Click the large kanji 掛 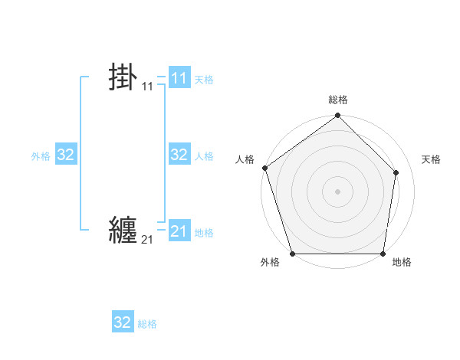coord(123,78)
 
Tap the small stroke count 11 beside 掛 coord(147,87)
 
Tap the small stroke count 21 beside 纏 coord(147,241)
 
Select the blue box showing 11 coord(179,78)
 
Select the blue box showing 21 coord(179,231)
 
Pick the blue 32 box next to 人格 coord(179,155)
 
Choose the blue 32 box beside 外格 coord(66,155)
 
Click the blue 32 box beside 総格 coord(123,322)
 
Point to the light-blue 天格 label coord(204,80)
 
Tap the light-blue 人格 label coord(204,156)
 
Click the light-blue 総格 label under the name coord(147,324)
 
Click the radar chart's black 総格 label coord(338,100)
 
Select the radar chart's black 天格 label coord(432,159)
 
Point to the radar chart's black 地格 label coord(402,263)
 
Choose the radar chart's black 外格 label coord(270,263)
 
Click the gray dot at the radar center coord(338,190)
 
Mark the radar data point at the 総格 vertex coord(338,116)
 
